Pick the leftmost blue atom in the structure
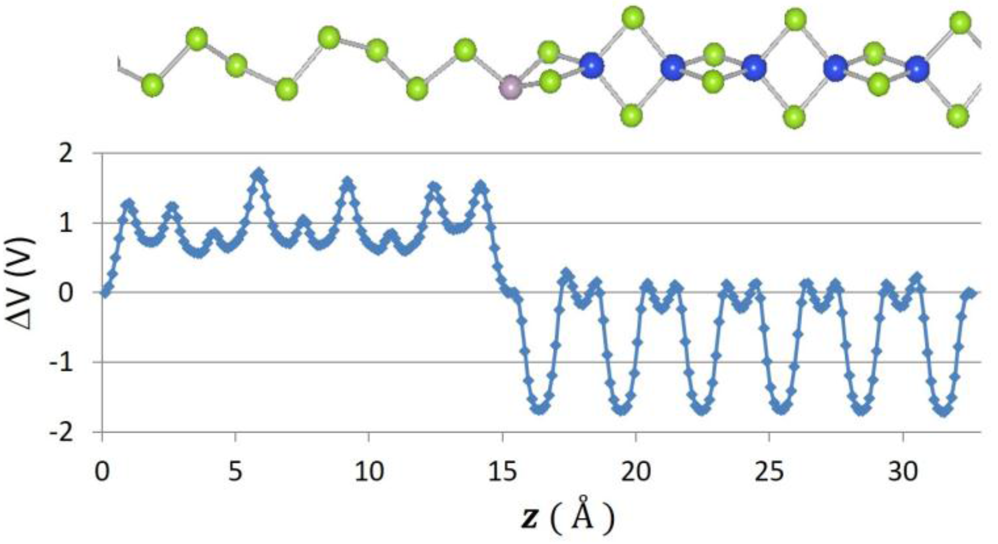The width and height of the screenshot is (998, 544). (x=591, y=65)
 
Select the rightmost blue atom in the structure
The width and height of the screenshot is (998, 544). (x=917, y=69)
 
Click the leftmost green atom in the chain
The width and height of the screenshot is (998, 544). (x=152, y=85)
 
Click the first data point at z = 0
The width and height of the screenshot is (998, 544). (x=104, y=293)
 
